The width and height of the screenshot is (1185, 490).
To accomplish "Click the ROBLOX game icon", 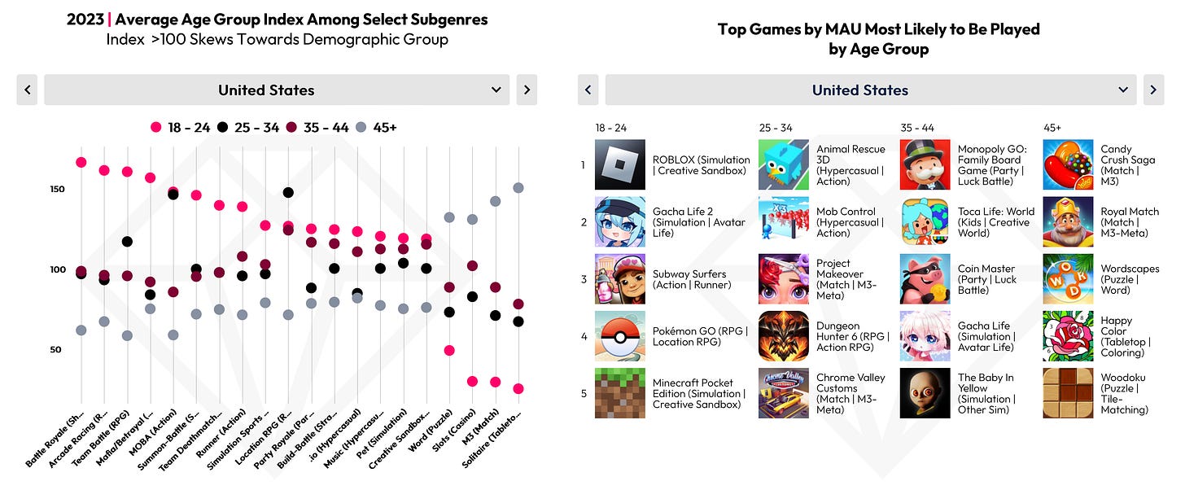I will (620, 164).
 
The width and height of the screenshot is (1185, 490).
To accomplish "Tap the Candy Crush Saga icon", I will (1068, 164).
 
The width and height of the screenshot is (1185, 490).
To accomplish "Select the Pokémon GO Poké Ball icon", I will (620, 336).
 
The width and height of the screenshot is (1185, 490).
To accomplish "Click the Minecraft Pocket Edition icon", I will (620, 393).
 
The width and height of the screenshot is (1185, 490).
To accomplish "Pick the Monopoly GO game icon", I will (925, 164).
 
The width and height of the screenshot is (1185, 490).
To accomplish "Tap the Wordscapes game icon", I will (1068, 279).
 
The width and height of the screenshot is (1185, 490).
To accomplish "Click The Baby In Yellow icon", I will (925, 393).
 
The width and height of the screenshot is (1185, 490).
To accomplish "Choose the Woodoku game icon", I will (1068, 393).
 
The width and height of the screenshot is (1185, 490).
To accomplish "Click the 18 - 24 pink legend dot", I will (156, 128).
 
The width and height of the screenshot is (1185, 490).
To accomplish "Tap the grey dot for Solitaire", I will (518, 188).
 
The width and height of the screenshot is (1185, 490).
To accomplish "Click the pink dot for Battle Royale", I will (81, 162).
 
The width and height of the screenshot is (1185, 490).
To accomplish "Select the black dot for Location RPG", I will (288, 193).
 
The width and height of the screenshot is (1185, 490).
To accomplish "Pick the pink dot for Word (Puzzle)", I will (448, 350).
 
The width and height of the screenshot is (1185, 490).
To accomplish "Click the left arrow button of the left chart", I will (27, 90).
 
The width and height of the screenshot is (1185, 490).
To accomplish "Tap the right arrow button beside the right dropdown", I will (1153, 90).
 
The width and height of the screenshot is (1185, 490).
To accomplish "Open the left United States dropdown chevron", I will (496, 90).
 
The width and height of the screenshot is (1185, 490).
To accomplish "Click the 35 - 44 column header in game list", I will (917, 128).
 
